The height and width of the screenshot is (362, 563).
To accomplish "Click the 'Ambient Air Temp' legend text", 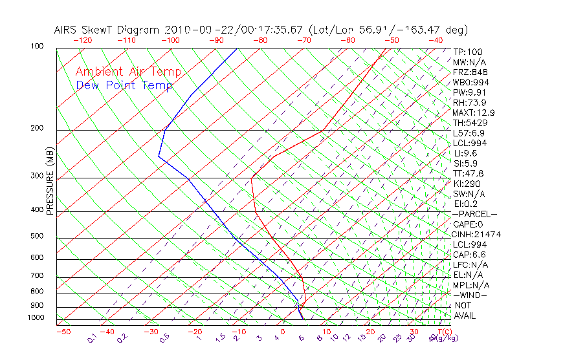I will tap(128, 72).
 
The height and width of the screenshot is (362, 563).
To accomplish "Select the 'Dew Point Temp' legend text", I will tap(124, 86).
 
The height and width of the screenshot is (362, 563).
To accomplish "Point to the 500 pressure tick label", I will tap(37, 236).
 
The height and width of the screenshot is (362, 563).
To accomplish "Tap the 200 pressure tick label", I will tap(37, 128).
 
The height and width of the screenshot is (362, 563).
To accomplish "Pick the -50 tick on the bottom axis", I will tap(63, 332).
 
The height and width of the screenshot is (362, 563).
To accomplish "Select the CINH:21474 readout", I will tap(477, 235).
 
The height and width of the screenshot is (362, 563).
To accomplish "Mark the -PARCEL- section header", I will tap(475, 214).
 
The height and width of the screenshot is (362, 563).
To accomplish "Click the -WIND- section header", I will tap(470, 295).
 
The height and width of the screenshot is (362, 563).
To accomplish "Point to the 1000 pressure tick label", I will tap(35, 318).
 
